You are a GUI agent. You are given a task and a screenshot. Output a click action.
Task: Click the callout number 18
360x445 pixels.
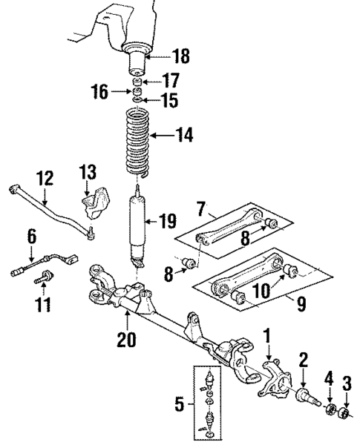[x=180, y=56]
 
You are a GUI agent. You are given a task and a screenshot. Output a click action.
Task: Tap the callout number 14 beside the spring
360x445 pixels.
[x=184, y=135]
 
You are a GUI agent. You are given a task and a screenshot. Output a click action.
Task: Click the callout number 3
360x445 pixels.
[x=347, y=383]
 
